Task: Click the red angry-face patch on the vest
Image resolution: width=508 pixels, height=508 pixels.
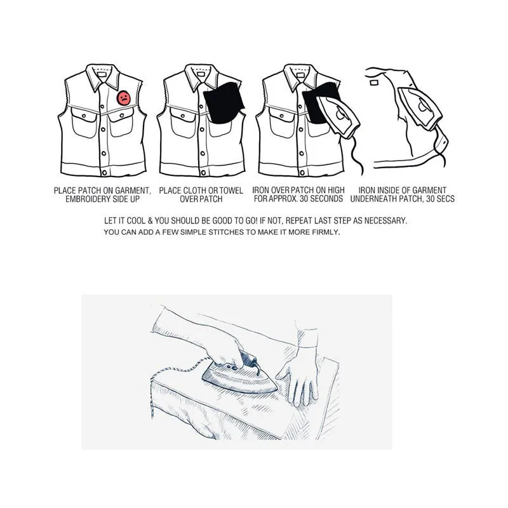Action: pos(123,98)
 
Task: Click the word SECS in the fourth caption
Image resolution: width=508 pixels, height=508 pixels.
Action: pos(444,199)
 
